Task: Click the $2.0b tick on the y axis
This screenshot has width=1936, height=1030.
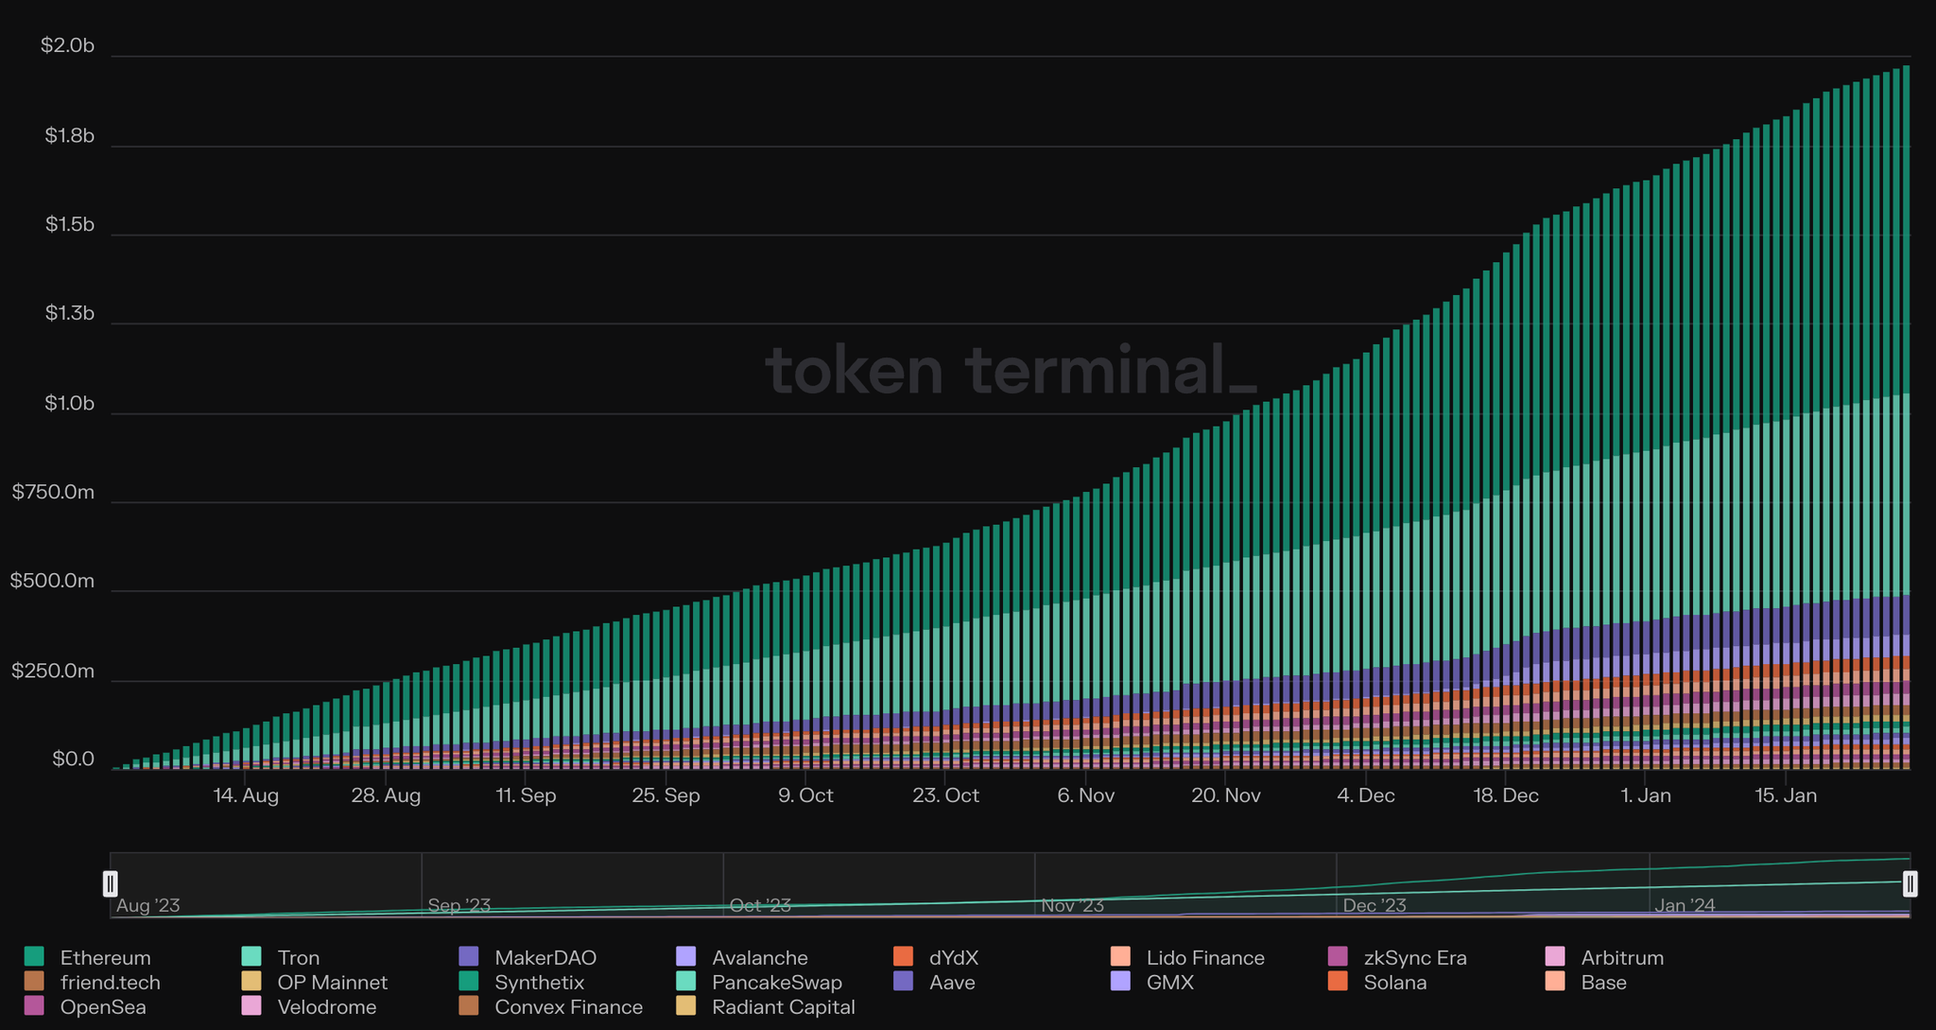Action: (68, 45)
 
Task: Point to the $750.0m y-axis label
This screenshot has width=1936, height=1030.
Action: (53, 492)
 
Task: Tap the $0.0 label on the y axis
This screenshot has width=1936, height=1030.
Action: (73, 759)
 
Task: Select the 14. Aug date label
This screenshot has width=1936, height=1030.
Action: (246, 795)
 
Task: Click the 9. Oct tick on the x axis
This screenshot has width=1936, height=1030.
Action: (805, 795)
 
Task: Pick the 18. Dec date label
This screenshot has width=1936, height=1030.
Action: (1506, 795)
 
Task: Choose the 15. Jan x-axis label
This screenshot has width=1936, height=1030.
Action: (1786, 795)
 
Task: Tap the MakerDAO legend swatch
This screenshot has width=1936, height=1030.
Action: (468, 957)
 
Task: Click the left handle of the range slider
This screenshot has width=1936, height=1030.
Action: (111, 883)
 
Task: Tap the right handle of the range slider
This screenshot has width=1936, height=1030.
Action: (1910, 883)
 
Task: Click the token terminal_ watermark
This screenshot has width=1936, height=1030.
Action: (1011, 370)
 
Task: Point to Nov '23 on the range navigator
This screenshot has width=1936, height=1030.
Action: (1072, 905)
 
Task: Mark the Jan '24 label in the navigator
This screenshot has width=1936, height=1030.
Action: (1685, 905)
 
